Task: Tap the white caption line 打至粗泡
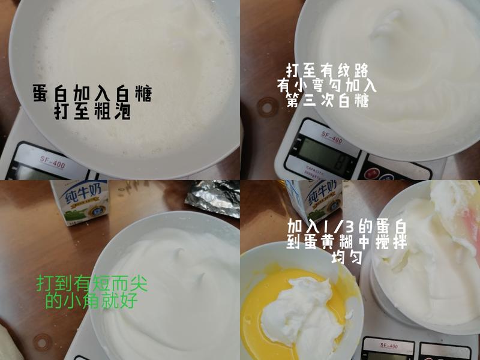tap(92, 112)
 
